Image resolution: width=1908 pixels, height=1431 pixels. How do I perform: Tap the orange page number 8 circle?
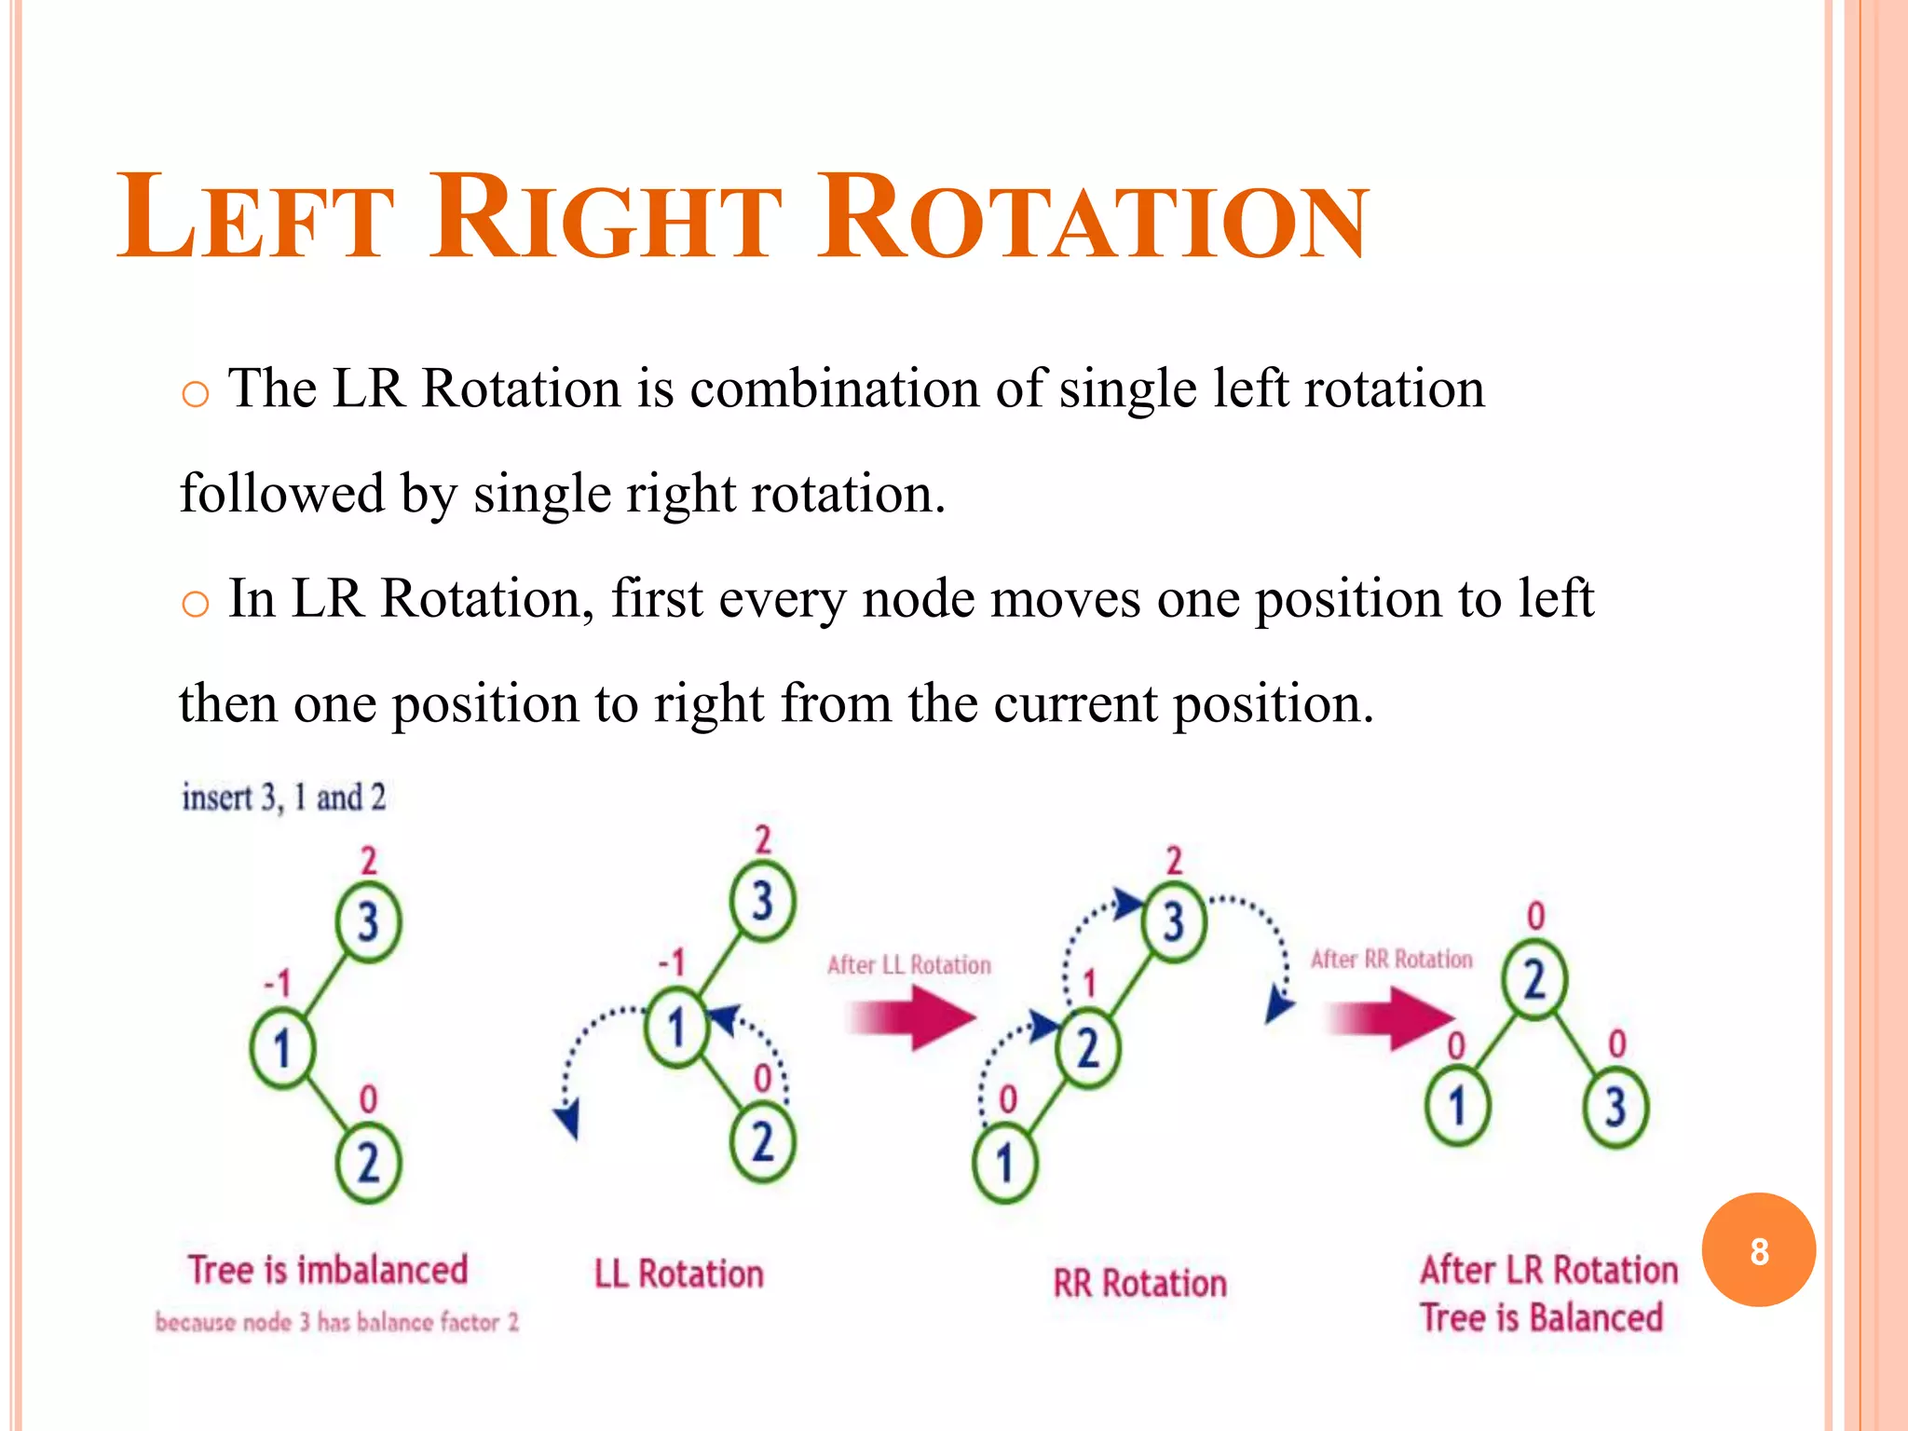(x=1758, y=1250)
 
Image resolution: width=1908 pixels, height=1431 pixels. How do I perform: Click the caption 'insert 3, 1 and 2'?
(x=283, y=797)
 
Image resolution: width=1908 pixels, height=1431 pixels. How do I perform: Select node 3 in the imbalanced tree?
(x=368, y=922)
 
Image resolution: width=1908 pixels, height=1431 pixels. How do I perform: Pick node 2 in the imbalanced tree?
(x=368, y=1164)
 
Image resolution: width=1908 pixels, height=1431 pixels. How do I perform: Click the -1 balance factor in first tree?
(x=278, y=983)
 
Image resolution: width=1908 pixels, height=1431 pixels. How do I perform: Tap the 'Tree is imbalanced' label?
(x=328, y=1271)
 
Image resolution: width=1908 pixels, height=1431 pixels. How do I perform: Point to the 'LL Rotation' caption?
(x=679, y=1274)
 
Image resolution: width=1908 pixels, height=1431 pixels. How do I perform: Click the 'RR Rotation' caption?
(x=1139, y=1284)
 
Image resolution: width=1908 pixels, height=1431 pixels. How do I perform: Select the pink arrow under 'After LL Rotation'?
(x=913, y=1017)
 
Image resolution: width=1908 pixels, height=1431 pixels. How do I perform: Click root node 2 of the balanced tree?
(x=1534, y=981)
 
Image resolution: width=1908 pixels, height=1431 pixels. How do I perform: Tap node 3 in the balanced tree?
(x=1616, y=1107)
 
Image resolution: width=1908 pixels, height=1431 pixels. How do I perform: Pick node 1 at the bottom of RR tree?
(x=1004, y=1163)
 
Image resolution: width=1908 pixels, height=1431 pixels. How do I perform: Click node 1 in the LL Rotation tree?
(x=677, y=1029)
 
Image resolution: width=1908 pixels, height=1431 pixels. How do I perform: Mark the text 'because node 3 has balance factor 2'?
(x=337, y=1322)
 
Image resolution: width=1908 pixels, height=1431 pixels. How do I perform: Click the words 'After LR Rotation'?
(x=1548, y=1271)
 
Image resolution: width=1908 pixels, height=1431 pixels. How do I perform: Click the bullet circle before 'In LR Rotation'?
(x=195, y=605)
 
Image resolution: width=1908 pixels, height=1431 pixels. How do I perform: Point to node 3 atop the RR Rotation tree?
(x=1173, y=921)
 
